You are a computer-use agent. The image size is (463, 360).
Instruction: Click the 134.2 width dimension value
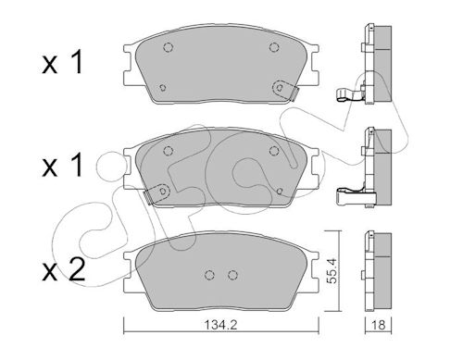(220, 325)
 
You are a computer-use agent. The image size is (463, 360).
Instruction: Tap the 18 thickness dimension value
(379, 325)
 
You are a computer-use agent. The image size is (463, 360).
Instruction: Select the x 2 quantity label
(64, 270)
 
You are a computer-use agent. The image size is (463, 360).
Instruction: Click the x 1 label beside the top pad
(63, 63)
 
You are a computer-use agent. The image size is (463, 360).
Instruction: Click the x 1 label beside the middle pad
(63, 166)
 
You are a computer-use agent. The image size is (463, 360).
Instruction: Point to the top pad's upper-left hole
(168, 47)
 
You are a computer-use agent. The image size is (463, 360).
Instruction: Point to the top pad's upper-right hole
(274, 47)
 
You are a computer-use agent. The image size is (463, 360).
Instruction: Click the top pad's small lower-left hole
(163, 88)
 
